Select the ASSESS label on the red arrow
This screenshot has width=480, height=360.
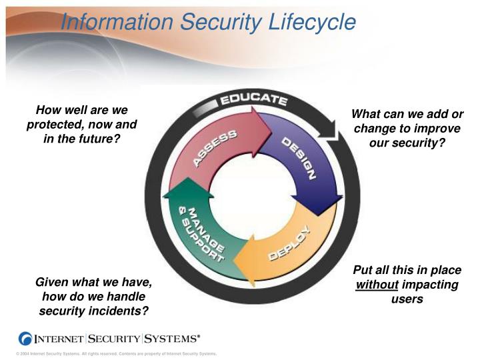[x=215, y=149]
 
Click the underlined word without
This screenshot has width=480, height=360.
[x=377, y=285]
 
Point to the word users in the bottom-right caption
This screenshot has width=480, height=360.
[x=407, y=299]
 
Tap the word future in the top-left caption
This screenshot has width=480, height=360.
[x=95, y=139]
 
